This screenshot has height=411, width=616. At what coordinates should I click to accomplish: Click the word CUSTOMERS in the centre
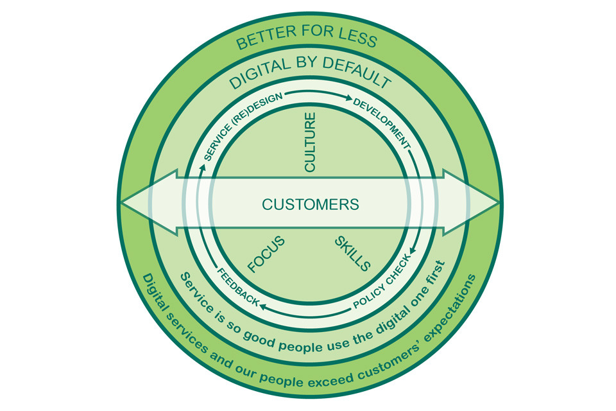(310, 205)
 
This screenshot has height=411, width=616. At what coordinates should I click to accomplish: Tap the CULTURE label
(310, 143)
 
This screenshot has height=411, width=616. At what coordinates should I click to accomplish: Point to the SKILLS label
(353, 254)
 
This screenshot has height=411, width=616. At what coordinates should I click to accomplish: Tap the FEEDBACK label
(237, 286)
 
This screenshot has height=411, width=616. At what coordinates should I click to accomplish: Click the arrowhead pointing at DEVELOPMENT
(348, 99)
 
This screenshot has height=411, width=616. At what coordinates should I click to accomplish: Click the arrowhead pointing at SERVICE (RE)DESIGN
(203, 166)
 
